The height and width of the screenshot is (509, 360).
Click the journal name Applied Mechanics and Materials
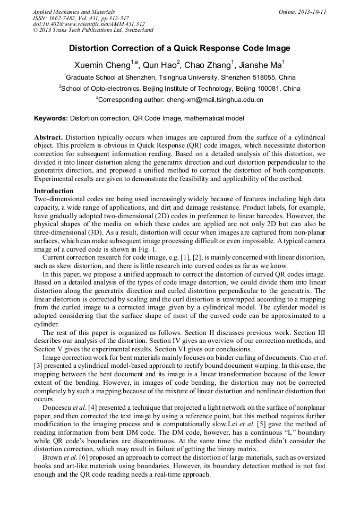pyautogui.click(x=73, y=11)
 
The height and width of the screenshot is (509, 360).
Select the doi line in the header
pyautogui.click(x=89, y=24)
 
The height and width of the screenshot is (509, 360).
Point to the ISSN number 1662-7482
pyautogui.click(x=66, y=18)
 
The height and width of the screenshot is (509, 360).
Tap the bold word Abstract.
pyautogui.click(x=49, y=137)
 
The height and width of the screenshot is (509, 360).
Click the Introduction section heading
pyautogui.click(x=54, y=191)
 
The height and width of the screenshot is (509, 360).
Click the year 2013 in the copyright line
pyautogui.click(x=46, y=30)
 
